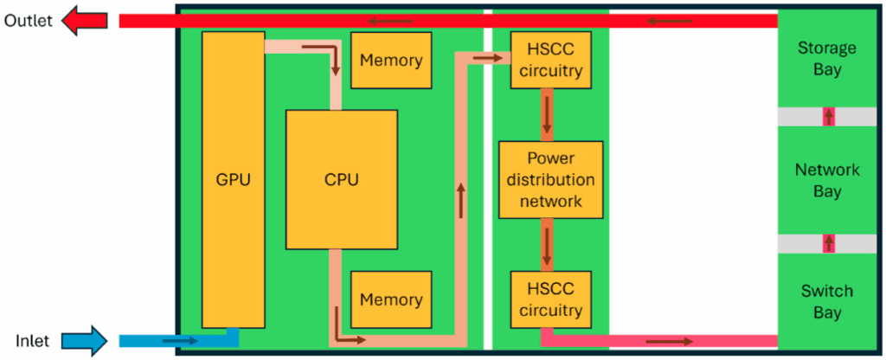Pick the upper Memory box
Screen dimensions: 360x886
click(391, 61)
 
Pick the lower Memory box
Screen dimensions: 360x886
click(391, 299)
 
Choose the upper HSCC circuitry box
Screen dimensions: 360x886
click(550, 61)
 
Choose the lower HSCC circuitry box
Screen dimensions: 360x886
click(550, 299)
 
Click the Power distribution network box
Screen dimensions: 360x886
click(550, 180)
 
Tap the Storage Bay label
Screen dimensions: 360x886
click(827, 58)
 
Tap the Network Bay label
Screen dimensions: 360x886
click(827, 180)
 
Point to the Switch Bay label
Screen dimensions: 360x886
click(827, 301)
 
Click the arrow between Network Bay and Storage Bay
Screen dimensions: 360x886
click(829, 116)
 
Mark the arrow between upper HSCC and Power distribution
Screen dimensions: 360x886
click(547, 114)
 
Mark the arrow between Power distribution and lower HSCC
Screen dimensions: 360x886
click(547, 245)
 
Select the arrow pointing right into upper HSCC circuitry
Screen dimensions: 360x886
click(489, 58)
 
